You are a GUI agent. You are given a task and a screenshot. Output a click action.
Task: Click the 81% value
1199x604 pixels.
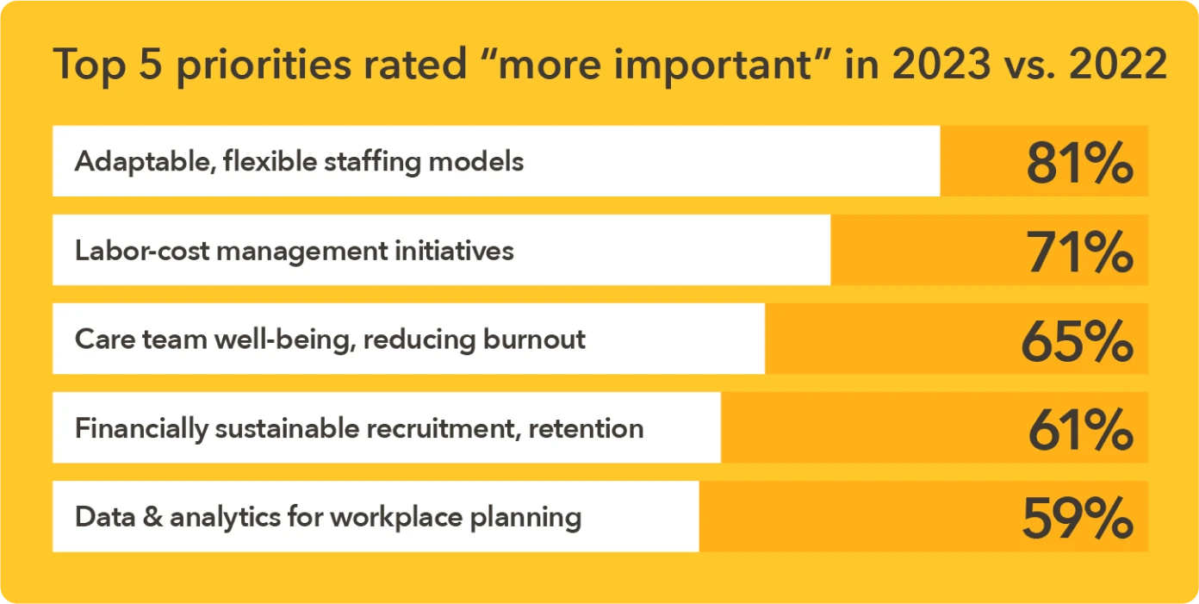[x=1079, y=163]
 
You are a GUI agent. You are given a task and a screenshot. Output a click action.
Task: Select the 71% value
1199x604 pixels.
[x=1079, y=252]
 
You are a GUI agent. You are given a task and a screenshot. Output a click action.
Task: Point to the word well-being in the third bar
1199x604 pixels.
[x=285, y=339]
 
